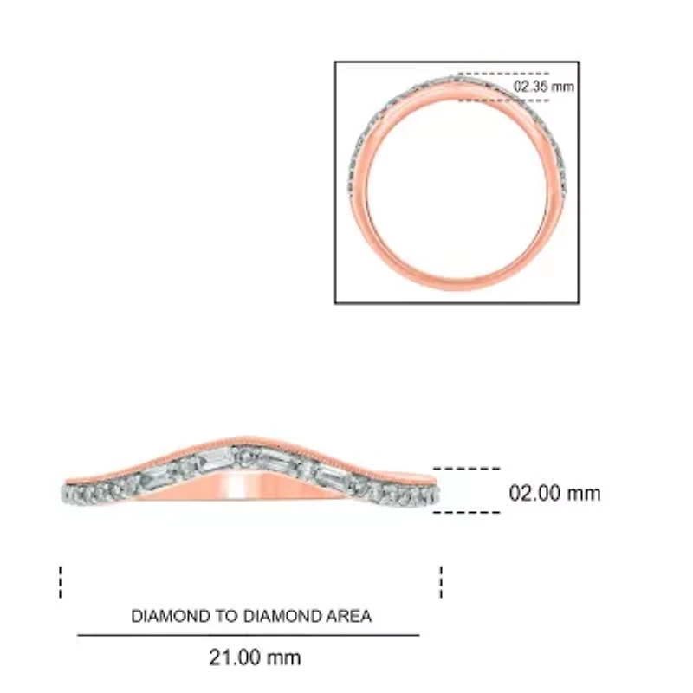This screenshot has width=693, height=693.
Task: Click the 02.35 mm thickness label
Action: (543, 87)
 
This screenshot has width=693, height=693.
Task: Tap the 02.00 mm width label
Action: (554, 494)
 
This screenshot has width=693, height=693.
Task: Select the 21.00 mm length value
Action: (255, 657)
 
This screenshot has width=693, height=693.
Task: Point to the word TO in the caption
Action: (221, 617)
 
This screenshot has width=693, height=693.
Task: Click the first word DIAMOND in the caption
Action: (170, 617)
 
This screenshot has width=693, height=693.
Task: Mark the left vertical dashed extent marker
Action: (61, 581)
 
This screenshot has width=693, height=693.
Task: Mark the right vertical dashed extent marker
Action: (441, 581)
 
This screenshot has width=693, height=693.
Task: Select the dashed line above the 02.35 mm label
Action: (502, 74)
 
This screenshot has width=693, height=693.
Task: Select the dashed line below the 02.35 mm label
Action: (502, 100)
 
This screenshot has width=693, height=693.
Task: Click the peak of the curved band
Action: (251, 440)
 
